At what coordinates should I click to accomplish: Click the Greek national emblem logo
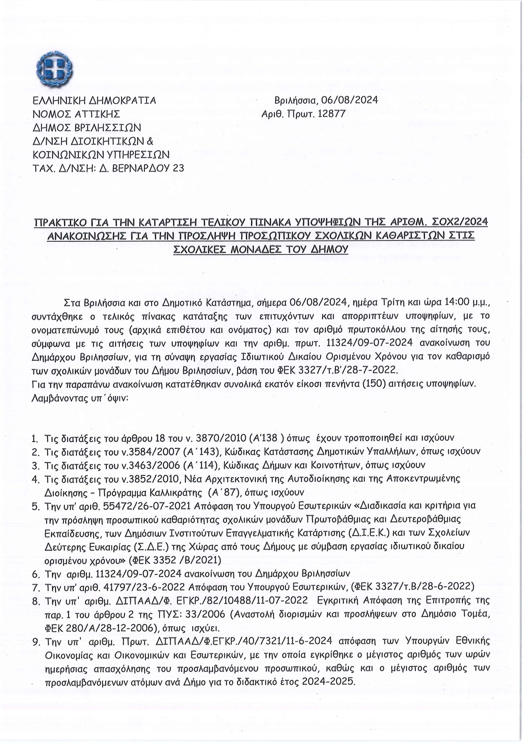pos(55,69)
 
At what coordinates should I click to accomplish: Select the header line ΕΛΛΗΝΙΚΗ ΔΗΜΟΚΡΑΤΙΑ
pos(94,100)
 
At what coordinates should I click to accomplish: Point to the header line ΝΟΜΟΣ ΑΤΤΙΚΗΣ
pos(76,114)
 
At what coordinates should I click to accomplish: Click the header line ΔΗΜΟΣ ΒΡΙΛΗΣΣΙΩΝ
pos(87,127)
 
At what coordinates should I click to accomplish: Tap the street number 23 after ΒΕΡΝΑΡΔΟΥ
pos(178,168)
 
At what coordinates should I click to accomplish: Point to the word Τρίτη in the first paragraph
pos(395,303)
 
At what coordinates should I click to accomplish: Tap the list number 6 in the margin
pos(36,575)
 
